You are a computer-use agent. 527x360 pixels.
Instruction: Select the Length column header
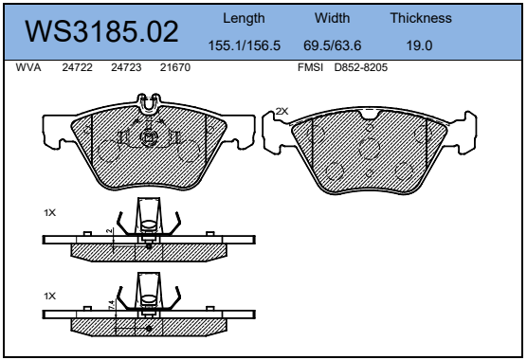(244, 18)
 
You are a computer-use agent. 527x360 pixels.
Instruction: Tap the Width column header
(333, 18)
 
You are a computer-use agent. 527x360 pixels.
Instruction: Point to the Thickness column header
(421, 18)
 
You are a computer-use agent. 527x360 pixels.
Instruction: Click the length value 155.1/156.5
(244, 45)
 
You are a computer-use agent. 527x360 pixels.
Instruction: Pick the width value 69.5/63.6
(333, 45)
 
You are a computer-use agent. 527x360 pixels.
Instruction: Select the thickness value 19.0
(421, 45)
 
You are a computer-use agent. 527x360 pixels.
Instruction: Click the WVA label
(28, 68)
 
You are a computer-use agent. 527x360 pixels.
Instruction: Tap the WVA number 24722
(77, 68)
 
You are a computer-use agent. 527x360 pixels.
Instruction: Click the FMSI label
(309, 68)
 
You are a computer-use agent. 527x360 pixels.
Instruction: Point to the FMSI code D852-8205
(360, 68)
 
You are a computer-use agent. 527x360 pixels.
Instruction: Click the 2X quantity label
(282, 111)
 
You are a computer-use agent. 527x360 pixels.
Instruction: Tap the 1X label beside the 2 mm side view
(49, 213)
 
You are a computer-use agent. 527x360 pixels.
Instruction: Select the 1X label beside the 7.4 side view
(49, 297)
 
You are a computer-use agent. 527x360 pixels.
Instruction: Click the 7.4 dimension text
(111, 306)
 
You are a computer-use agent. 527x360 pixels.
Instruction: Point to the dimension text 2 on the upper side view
(110, 231)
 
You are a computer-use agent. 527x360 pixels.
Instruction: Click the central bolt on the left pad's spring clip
(147, 137)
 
